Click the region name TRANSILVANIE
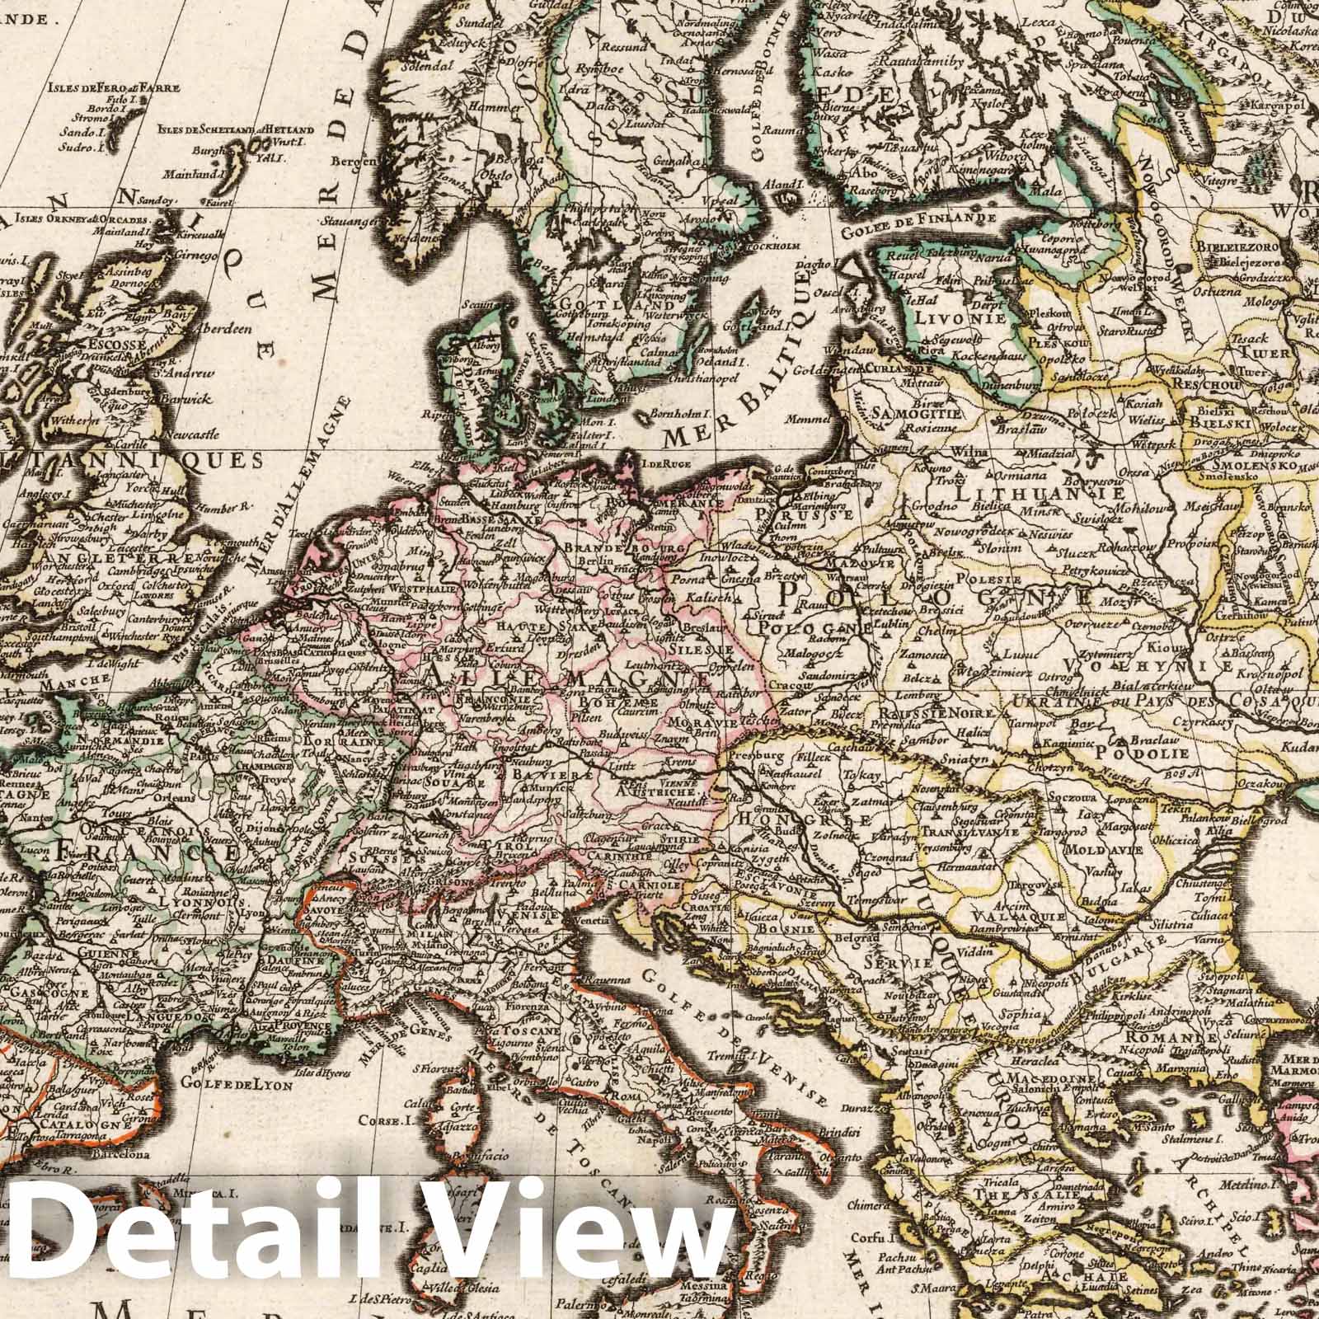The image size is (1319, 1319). tap(969, 833)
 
